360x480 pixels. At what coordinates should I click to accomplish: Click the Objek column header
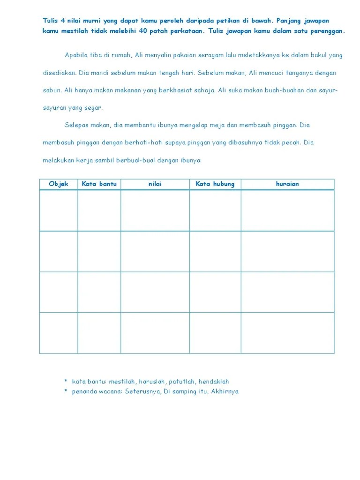coord(59,184)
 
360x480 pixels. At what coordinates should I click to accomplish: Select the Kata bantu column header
coord(99,184)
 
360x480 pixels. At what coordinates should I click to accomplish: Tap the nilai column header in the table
coord(155,184)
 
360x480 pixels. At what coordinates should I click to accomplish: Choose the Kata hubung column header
coord(215,184)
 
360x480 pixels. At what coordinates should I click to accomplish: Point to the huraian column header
coord(287,184)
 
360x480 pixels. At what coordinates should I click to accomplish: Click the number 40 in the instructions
coord(143,31)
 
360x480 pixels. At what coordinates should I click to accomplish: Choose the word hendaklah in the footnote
coord(214,382)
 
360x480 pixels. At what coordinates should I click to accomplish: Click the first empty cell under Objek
coord(59,210)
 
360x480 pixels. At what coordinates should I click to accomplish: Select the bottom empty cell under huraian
coord(287,333)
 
